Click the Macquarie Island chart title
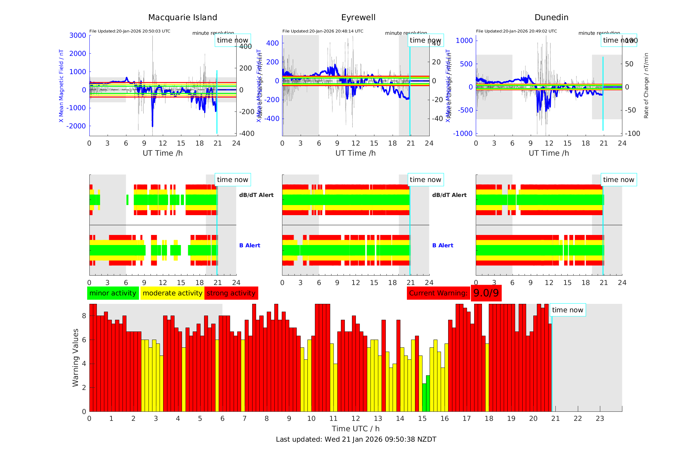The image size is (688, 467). point(182,18)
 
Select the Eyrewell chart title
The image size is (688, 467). point(358,18)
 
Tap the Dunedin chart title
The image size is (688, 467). point(551,18)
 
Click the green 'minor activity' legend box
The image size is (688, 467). point(113,293)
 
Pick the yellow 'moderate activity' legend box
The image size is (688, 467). point(172,293)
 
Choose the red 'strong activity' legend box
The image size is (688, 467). point(231,293)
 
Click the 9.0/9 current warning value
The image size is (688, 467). point(486,293)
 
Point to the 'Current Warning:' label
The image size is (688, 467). point(438,293)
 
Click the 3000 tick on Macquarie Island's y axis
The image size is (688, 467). point(78,35)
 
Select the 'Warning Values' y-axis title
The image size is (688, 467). point(75,357)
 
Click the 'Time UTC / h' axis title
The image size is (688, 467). point(356,429)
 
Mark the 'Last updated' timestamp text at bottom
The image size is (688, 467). point(356,439)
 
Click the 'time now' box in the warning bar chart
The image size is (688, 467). point(567,310)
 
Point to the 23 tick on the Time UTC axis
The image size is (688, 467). point(600,419)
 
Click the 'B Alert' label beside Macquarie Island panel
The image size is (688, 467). point(250,245)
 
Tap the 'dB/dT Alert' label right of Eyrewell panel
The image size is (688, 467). point(449,195)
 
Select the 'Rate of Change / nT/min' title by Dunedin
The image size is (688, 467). point(646,85)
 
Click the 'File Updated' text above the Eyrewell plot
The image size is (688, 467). point(323,31)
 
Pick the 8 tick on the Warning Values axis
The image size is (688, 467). point(84,316)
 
